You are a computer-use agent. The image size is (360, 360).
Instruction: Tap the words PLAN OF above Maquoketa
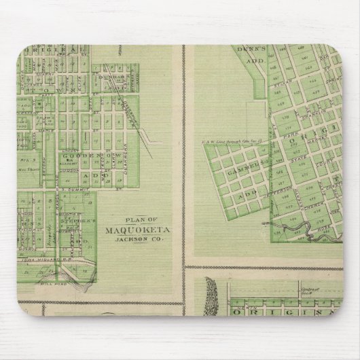pyautogui.click(x=134, y=220)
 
